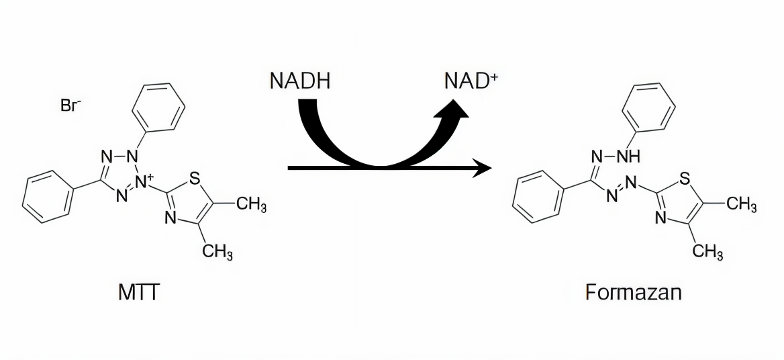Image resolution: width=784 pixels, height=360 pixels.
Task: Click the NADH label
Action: (299, 81)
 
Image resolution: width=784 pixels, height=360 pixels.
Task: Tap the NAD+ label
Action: (471, 81)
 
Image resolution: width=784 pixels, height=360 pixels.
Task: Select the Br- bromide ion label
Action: (71, 106)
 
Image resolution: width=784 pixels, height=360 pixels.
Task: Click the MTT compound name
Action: (138, 293)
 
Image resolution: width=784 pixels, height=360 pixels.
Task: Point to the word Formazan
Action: (633, 293)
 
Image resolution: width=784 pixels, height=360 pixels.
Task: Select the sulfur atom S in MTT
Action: (195, 179)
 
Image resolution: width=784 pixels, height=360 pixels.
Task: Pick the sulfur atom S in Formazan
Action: (685, 179)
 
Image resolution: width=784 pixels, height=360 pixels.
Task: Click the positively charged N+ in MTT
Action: (144, 181)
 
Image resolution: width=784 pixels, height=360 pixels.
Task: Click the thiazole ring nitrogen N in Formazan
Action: (661, 218)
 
